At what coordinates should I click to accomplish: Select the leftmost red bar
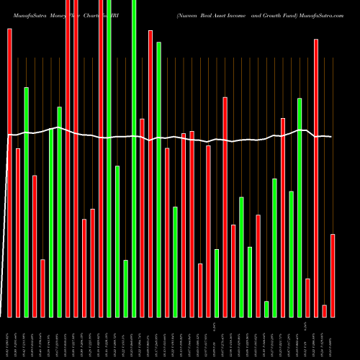coord(9,173)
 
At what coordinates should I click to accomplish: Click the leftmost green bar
coord(27,202)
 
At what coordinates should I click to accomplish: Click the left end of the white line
coord(9,135)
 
